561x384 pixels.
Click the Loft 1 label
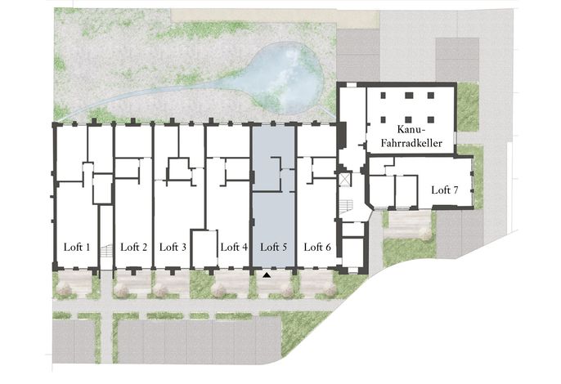point(77,247)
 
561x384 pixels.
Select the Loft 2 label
point(134,247)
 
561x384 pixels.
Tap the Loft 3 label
point(173,247)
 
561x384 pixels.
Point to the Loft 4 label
point(234,247)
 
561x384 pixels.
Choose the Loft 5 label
point(274,247)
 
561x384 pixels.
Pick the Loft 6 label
point(317,247)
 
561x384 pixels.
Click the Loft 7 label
point(445,190)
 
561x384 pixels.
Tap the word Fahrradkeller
point(411,143)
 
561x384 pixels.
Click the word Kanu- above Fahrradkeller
point(411,129)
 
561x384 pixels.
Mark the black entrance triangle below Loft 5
point(267,275)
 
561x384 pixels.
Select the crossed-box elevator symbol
point(345,180)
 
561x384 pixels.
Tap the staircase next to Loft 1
point(106,250)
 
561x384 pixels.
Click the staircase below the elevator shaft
point(346,207)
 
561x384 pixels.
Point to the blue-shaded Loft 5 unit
point(274,196)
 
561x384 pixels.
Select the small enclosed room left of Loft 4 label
point(204,249)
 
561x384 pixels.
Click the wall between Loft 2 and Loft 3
point(153,196)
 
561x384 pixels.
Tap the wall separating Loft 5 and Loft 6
point(295,196)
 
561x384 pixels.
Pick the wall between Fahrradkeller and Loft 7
point(411,154)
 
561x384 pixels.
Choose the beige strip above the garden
point(275,17)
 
